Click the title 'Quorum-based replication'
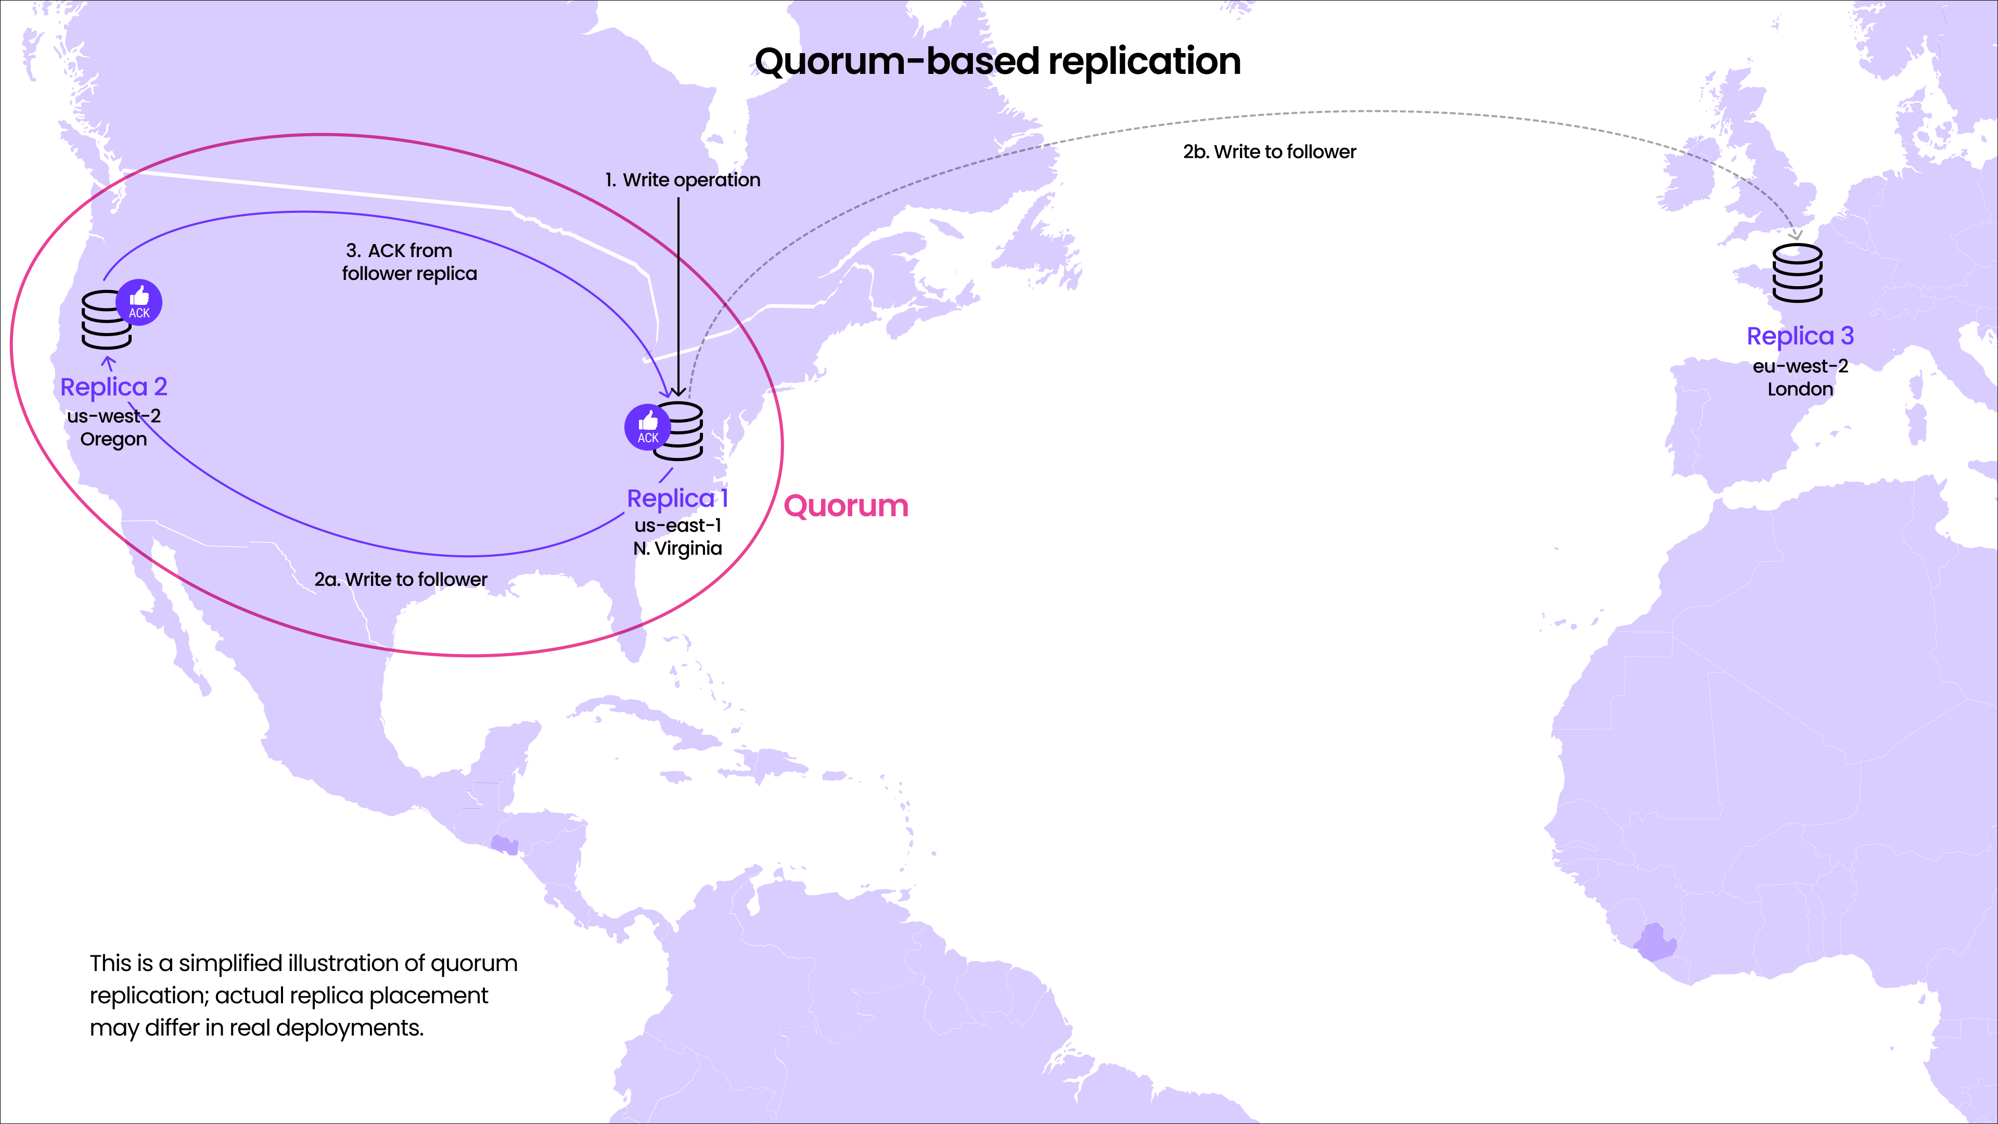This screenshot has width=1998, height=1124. pos(997,61)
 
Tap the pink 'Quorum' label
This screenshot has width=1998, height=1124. pos(846,506)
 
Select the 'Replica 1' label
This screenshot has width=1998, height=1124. pos(677,498)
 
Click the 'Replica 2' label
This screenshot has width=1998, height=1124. pos(114,386)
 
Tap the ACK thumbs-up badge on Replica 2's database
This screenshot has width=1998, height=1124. pos(139,302)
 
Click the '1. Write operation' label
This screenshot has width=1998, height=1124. pos(683,180)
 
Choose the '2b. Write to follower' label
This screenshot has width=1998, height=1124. pos(1269,152)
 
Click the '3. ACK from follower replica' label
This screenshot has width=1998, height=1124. pos(409,262)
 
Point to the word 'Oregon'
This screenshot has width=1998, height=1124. pos(113,439)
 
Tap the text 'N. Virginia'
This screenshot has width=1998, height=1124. pos(677,548)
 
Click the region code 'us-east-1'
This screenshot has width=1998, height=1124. pos(677,525)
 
